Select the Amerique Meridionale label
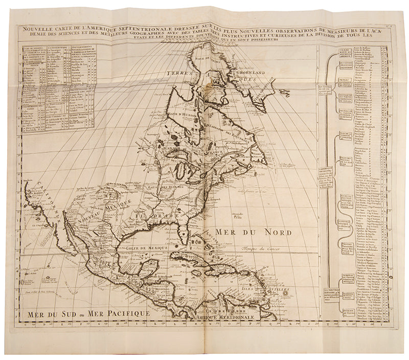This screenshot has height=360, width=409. pyautogui.click(x=225, y=317)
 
